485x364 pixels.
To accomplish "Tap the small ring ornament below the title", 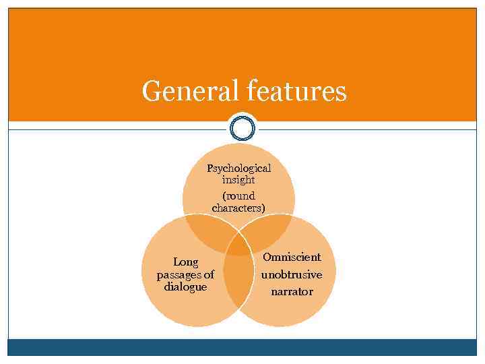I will click(x=243, y=128).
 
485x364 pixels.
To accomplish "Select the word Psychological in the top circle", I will click(x=238, y=168).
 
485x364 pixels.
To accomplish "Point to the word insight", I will click(x=238, y=180).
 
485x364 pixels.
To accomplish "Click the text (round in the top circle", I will click(x=238, y=196).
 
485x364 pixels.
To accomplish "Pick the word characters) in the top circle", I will click(x=238, y=208).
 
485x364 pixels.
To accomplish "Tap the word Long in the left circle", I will click(x=185, y=262).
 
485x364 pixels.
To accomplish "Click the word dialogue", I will click(x=185, y=286).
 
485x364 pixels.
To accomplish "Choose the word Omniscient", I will click(x=292, y=257).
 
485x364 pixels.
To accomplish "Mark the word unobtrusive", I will click(x=292, y=275).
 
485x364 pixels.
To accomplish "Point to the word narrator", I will click(x=292, y=292).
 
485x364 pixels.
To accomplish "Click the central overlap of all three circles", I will click(x=238, y=244).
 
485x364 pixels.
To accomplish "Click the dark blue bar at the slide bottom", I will click(x=243, y=346).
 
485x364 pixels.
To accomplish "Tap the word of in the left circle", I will click(x=208, y=274).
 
